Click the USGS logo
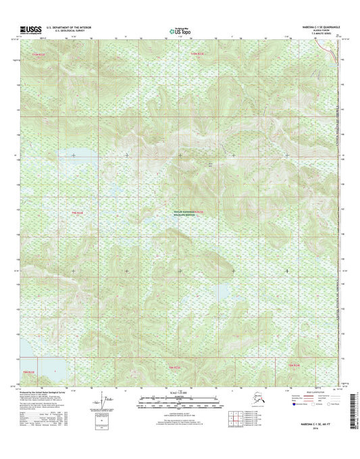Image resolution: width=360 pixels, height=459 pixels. [x=27, y=29]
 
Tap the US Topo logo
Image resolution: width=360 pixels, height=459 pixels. [x=180, y=30]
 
